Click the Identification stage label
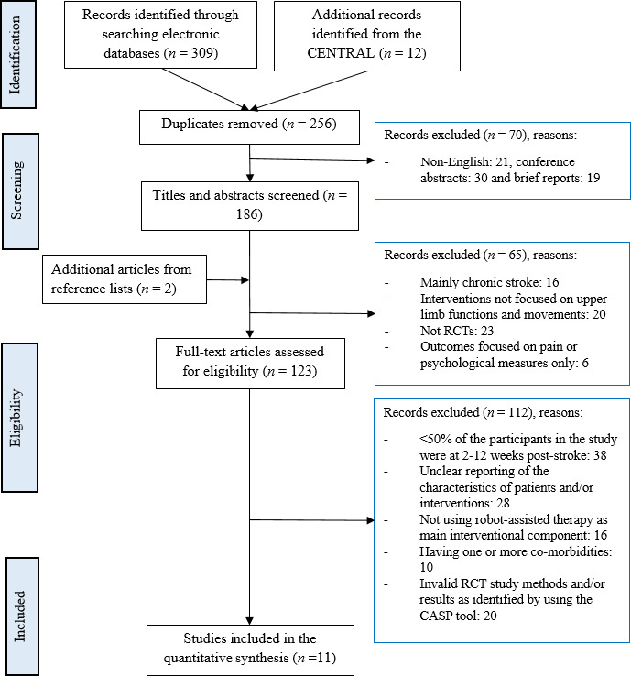coord(15,55)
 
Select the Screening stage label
coord(16,191)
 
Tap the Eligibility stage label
coord(15,418)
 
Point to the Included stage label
coord(19,616)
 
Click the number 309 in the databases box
coord(202,53)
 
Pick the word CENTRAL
coord(341,53)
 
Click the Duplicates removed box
coord(249,127)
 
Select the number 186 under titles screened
coord(249,213)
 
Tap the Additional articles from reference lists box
coord(125,279)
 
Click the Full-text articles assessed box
coord(250,364)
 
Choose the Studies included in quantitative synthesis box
coord(250,650)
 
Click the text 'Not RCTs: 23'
coord(457,331)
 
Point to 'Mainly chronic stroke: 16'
coord(489,282)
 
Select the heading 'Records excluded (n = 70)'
coord(454,135)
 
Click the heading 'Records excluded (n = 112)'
coord(456,412)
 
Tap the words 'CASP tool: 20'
coord(458,616)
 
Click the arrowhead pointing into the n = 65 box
coord(371,313)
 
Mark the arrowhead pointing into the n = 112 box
coord(370,520)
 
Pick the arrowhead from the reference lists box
coord(245,280)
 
